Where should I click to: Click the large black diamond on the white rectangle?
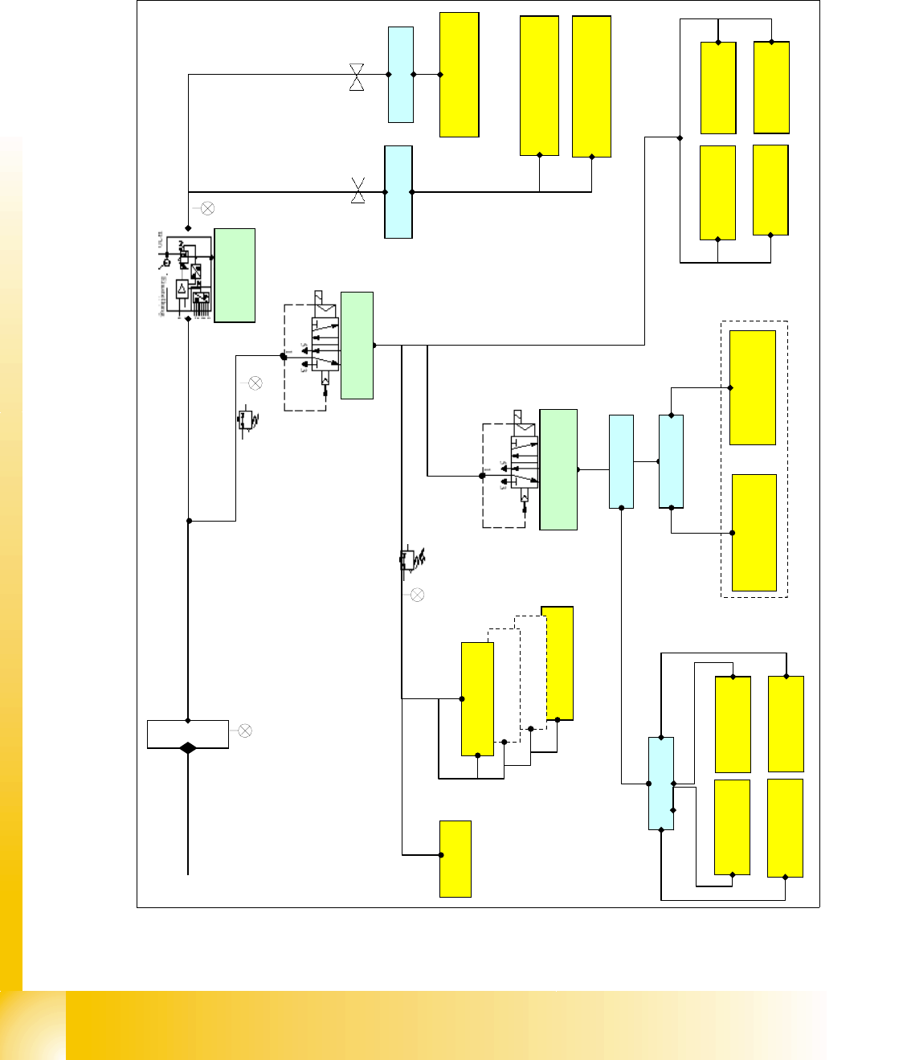[188, 747]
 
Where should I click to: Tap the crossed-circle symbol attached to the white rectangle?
[245, 731]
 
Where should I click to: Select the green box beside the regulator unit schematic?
[235, 276]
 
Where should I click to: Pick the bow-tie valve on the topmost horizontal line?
[357, 77]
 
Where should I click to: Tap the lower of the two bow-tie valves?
[358, 191]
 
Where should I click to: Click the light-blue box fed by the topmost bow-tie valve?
[401, 75]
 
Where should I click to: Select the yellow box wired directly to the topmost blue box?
[460, 75]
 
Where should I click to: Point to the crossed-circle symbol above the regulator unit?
[206, 209]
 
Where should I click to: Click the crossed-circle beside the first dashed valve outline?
[255, 383]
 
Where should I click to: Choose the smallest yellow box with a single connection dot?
[455, 858]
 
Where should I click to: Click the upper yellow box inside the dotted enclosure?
[753, 387]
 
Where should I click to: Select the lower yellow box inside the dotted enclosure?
[754, 533]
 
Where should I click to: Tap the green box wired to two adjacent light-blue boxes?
[558, 469]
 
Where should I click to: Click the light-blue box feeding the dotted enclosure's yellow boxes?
[671, 461]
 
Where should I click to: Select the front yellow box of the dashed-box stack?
[477, 698]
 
